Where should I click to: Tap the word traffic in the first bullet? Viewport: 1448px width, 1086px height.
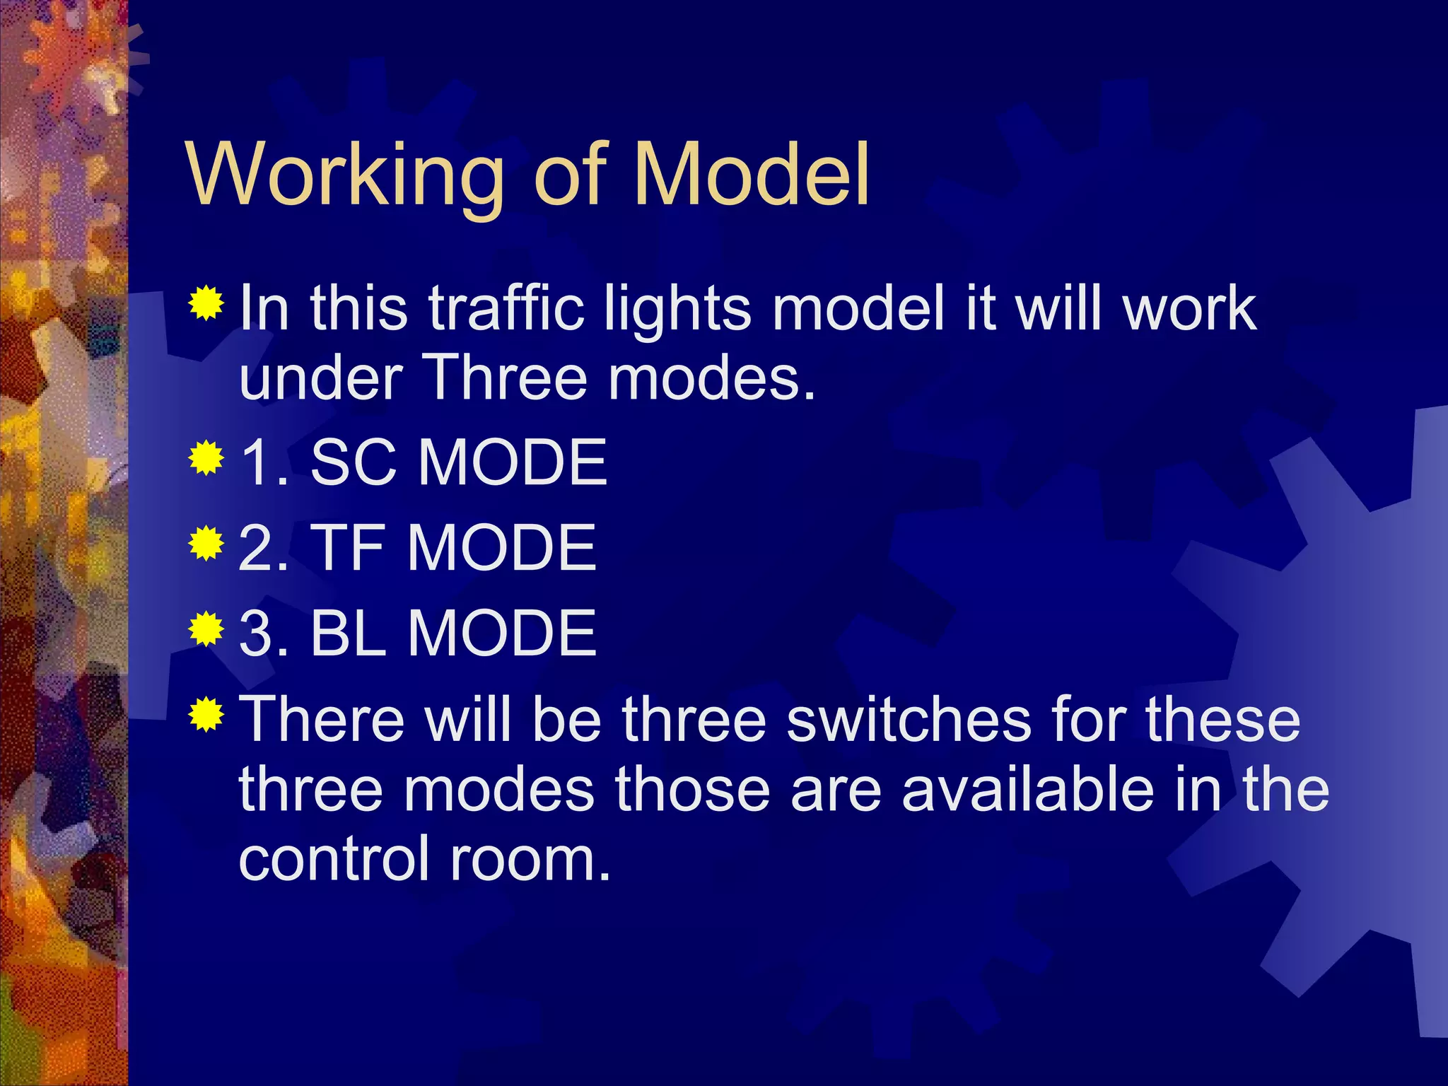pos(506,308)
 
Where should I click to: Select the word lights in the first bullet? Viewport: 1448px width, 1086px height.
pos(677,310)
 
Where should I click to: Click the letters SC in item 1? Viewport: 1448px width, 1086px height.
pos(353,462)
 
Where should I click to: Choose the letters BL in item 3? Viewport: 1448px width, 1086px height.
pos(348,633)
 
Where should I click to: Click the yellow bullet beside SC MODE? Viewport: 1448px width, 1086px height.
pos(206,459)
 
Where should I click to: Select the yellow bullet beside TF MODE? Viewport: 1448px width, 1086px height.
pos(206,544)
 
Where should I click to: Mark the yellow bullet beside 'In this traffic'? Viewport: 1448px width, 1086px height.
pos(206,303)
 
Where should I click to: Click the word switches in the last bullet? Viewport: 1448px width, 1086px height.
pos(908,720)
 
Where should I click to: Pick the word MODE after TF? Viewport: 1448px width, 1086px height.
pos(501,548)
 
